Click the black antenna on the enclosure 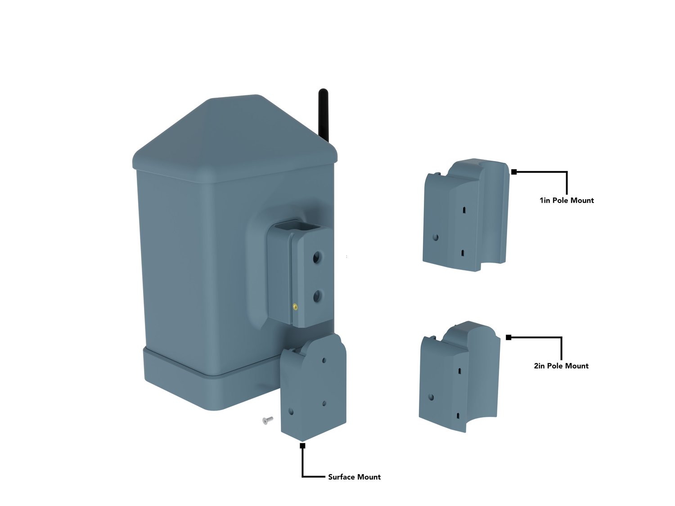323,115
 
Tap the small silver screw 268,420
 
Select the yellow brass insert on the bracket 295,307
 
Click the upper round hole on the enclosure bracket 317,257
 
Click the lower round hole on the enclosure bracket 317,296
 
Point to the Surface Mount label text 354,477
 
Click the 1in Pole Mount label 567,200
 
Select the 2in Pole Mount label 561,366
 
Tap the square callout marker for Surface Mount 302,446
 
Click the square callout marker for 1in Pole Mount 514,172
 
